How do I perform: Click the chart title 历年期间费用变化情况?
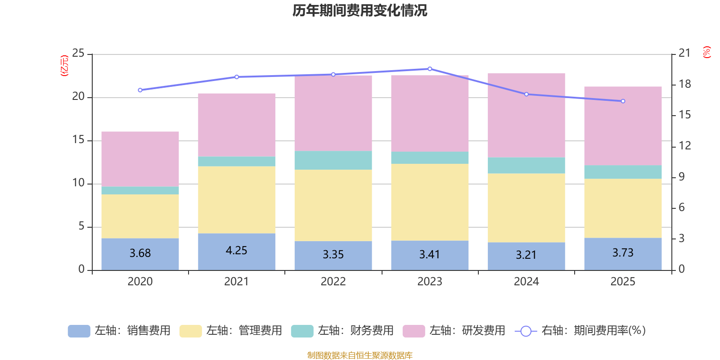tap(360, 10)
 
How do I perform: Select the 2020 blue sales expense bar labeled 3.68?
tap(140, 254)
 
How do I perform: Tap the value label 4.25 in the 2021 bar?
tap(236, 251)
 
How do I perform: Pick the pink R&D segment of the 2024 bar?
tap(526, 115)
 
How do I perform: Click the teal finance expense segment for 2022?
tap(333, 160)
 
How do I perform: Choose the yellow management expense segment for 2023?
tap(430, 202)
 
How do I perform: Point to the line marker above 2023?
tap(430, 69)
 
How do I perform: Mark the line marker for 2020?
tap(140, 90)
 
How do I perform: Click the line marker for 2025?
tap(623, 101)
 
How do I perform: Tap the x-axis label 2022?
tap(333, 282)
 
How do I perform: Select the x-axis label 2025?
tap(623, 282)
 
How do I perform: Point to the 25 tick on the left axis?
tap(78, 53)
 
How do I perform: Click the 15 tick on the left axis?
tap(78, 140)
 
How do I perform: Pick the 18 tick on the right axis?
tap(685, 84)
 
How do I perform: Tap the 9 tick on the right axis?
tap(682, 177)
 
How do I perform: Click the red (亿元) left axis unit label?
tap(64, 66)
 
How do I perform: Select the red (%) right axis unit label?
tap(706, 52)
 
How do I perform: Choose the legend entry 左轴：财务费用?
tap(343, 331)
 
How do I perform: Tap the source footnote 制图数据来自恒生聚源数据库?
tap(360, 355)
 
